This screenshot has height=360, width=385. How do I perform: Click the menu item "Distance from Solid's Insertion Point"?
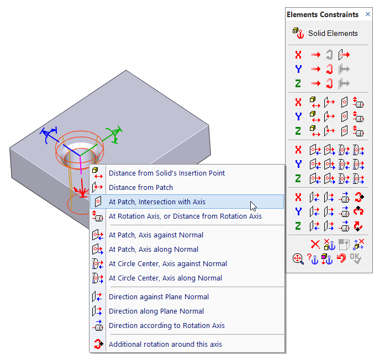pos(166,173)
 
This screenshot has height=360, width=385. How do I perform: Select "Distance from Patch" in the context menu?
pos(140,187)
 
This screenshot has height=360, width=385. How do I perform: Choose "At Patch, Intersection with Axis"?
pos(157,202)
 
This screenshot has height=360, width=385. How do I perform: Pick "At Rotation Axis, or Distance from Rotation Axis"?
pos(185,216)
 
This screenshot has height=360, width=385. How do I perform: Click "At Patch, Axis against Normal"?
pos(156,235)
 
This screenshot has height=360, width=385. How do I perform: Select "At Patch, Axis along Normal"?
pos(153,249)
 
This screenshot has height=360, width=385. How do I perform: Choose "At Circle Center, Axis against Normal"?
pos(168,263)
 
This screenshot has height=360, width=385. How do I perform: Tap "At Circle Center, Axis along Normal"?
pos(165,278)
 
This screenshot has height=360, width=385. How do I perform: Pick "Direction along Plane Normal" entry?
pos(156,311)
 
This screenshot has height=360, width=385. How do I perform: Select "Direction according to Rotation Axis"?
pos(166,325)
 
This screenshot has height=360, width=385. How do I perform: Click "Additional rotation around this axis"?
pos(165,344)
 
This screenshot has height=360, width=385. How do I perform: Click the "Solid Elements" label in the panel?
pos(333,33)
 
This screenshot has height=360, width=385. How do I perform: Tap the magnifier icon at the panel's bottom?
pos(298,258)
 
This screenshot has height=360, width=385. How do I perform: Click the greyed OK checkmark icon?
pos(357,258)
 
